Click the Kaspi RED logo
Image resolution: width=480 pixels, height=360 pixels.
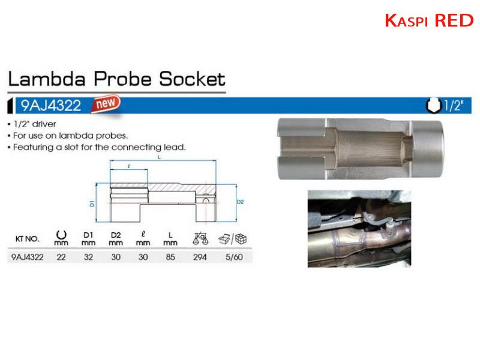[429, 20]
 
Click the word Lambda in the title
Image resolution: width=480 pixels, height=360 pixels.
[47, 79]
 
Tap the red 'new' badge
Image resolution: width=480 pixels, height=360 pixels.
[106, 103]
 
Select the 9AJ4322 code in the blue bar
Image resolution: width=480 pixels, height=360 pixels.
[51, 106]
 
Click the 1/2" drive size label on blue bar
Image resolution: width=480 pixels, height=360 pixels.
[454, 106]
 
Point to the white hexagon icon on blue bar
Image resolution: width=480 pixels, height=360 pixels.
[434, 106]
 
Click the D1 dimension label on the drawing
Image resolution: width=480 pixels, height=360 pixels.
[92, 203]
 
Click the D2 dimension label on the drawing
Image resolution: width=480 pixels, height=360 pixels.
[241, 202]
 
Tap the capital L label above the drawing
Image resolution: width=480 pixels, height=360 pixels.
[159, 157]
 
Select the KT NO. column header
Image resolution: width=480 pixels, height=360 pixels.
[27, 239]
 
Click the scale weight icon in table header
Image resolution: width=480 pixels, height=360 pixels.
[200, 239]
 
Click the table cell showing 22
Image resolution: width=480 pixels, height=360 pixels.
[61, 257]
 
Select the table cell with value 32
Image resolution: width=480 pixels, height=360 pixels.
[88, 257]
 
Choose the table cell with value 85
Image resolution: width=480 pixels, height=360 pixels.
[170, 257]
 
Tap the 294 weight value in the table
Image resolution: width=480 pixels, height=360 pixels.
[200, 257]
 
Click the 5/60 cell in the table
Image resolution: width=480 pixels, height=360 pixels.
[234, 257]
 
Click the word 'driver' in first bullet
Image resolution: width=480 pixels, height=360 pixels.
[44, 124]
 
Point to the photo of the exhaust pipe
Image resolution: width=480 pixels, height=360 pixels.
[359, 229]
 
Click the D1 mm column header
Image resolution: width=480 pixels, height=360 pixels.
[88, 239]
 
